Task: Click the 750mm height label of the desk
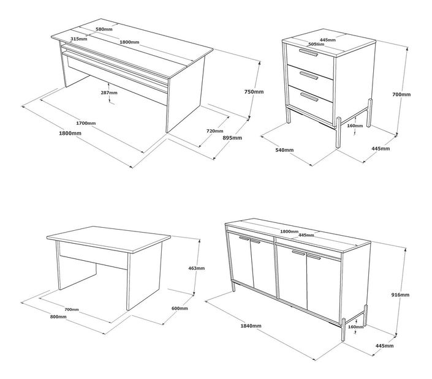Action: click(254, 92)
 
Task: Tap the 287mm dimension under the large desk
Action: click(109, 92)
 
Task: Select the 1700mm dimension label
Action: click(86, 123)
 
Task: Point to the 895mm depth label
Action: click(232, 138)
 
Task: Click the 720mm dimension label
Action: click(215, 131)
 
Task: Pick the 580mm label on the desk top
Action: click(104, 29)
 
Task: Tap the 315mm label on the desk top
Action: click(79, 39)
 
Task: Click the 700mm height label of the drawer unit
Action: click(401, 94)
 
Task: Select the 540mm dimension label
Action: click(284, 150)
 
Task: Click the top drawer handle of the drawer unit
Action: click(309, 53)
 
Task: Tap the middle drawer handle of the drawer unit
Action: click(309, 76)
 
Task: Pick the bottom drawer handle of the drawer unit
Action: click(309, 97)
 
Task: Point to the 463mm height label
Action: click(197, 268)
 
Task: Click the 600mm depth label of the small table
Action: click(180, 308)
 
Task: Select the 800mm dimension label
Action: click(58, 317)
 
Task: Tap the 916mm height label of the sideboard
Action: click(400, 295)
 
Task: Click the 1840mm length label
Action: click(251, 326)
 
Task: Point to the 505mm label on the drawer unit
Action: click(316, 44)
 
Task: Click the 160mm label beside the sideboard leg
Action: click(355, 327)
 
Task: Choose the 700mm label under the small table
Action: click(72, 309)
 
